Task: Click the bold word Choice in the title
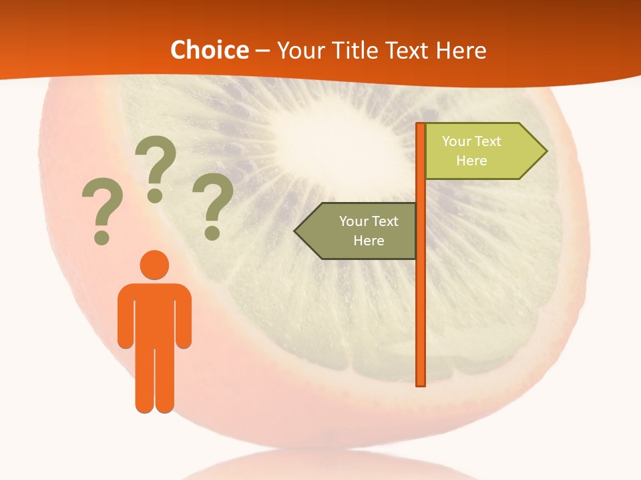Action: (209, 50)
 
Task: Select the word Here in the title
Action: (461, 50)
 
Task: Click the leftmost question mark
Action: (101, 211)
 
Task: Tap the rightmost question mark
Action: (212, 206)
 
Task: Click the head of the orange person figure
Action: (154, 265)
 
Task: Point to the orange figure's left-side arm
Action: (125, 320)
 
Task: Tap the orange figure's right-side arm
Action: (184, 320)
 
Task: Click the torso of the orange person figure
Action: (154, 313)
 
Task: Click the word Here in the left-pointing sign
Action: (369, 241)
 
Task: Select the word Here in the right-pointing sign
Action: (471, 161)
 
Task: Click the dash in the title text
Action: (262, 51)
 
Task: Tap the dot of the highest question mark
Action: (155, 195)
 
